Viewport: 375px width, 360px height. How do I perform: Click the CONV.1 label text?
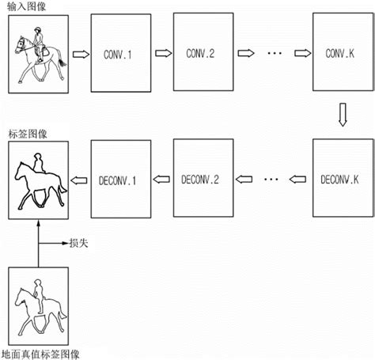(x=118, y=55)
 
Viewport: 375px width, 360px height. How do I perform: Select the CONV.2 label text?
(x=200, y=54)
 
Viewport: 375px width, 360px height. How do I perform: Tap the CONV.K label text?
(x=340, y=54)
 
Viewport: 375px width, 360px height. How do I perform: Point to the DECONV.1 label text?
(x=118, y=181)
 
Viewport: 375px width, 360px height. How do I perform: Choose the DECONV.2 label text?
(x=200, y=180)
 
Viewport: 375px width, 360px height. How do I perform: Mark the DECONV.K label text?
(x=339, y=180)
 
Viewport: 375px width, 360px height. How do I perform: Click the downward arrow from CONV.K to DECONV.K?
(x=343, y=115)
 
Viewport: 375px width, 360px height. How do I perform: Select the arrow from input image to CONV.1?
(x=81, y=55)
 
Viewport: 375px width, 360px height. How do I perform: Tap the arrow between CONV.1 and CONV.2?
(x=164, y=53)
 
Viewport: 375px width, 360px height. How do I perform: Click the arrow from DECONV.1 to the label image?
(x=79, y=180)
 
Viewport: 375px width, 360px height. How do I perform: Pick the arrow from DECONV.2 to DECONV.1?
(x=161, y=180)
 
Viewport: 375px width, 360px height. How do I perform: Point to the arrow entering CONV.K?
(x=303, y=53)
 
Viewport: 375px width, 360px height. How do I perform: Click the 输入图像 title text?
(x=26, y=6)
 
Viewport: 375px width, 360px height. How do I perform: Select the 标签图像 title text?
(x=28, y=134)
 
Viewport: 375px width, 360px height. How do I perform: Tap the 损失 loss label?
(x=78, y=243)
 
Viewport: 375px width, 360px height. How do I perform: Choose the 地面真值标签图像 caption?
(x=40, y=354)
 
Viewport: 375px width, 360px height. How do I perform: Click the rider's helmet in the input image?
(x=38, y=29)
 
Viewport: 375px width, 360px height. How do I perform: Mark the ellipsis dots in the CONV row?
(x=275, y=53)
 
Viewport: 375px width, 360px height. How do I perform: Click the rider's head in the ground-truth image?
(x=38, y=282)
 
